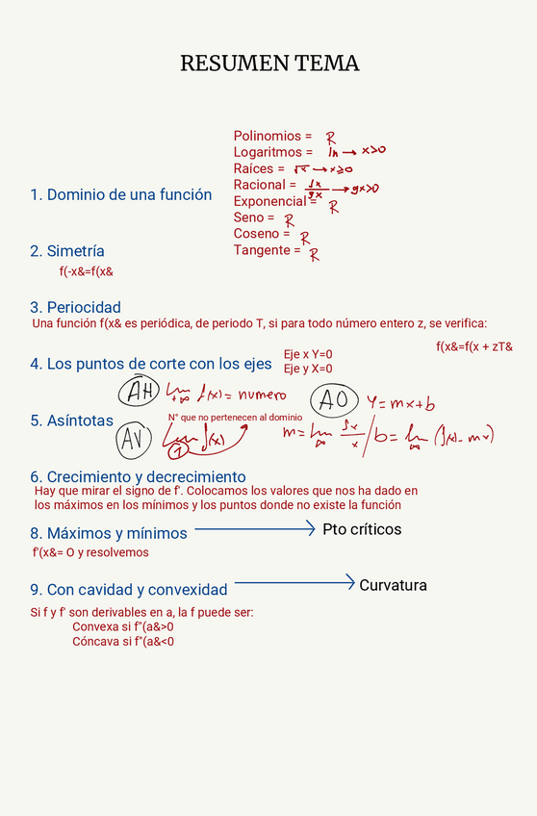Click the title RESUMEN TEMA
tap(269, 64)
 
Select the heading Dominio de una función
tap(121, 195)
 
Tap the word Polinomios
tap(267, 137)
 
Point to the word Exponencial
tap(269, 201)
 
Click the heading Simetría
tap(67, 251)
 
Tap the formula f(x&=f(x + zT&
tap(474, 346)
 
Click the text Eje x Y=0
tap(308, 354)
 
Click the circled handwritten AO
tap(334, 399)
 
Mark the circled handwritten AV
tap(136, 441)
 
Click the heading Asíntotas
tap(71, 421)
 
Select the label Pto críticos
tap(362, 530)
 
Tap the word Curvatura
tap(393, 585)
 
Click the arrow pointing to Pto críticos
tap(255, 528)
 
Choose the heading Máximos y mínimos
tap(109, 533)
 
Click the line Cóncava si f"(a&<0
tap(123, 642)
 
